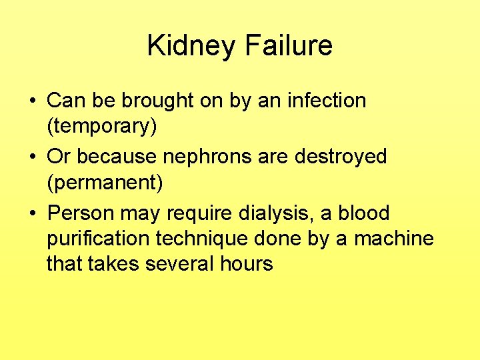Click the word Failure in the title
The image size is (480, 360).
point(289,46)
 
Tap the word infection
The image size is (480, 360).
point(327,101)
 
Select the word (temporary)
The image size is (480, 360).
point(102,126)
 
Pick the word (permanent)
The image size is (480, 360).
point(105,182)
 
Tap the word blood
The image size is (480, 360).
point(364,214)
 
